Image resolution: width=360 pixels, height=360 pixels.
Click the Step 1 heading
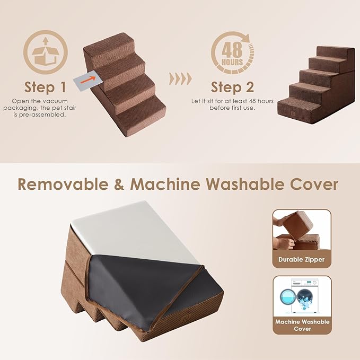tap(45, 86)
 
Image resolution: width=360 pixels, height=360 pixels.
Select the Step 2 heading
tap(232, 86)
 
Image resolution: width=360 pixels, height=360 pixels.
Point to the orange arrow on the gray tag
tap(93, 79)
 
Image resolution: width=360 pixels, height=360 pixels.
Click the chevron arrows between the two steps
tap(180, 79)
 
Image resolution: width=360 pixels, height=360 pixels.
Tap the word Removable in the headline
tap(66, 184)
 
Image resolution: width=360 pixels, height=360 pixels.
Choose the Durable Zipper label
tap(301, 260)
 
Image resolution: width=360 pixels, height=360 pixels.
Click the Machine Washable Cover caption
tap(302, 326)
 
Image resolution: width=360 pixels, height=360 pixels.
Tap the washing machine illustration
tap(302, 296)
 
